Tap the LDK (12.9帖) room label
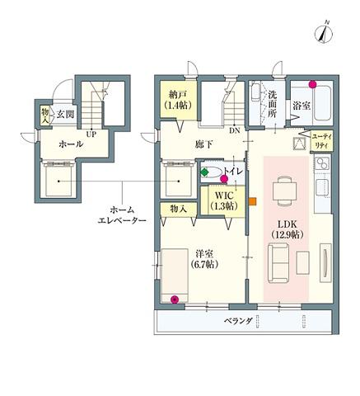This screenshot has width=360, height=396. click(288, 229)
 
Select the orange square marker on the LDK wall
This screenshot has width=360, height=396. click(253, 201)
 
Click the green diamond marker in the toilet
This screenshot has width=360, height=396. click(204, 172)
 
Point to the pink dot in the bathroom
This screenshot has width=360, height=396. click(312, 84)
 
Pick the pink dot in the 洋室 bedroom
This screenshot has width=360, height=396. click(174, 299)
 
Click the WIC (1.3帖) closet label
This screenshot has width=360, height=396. click(224, 200)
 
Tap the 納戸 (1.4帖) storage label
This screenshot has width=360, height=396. click(178, 100)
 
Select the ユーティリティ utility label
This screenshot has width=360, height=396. click(323, 141)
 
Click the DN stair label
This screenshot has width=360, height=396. click(235, 130)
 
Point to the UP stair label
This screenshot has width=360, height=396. click(91, 134)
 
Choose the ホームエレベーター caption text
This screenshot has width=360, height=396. click(122, 215)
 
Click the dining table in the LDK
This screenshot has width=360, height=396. click(284, 191)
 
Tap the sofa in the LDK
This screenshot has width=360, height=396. click(278, 263)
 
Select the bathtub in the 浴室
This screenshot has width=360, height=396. click(322, 103)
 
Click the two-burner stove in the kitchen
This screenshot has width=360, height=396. click(322, 163)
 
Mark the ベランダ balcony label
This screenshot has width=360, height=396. click(238, 321)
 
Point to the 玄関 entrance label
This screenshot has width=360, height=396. click(66, 114)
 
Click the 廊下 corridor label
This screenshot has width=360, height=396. click(203, 144)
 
